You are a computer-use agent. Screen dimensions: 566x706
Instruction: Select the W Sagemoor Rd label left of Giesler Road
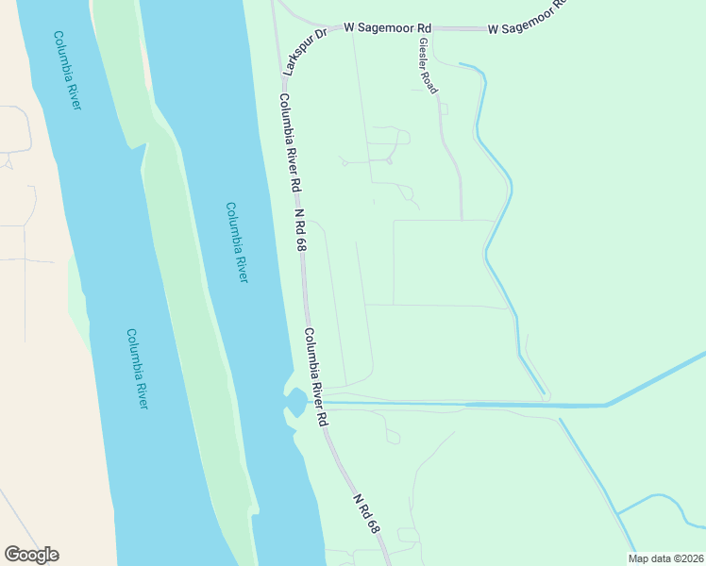[x=379, y=28]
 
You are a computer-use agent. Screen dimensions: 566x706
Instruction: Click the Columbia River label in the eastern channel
[x=237, y=242]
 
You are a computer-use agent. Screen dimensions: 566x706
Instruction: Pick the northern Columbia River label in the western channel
[x=67, y=71]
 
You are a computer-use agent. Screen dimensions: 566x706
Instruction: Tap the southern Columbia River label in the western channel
[x=138, y=368]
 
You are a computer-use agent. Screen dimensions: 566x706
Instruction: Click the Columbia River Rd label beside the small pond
[x=315, y=376]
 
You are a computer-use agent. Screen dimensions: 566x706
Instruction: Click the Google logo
[x=31, y=555]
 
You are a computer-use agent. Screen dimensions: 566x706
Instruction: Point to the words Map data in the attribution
[x=651, y=558]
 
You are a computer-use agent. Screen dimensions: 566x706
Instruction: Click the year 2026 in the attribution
[x=690, y=558]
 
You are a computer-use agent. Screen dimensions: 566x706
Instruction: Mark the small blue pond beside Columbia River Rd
[x=296, y=403]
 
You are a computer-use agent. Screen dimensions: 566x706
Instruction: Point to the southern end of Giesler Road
[x=462, y=219]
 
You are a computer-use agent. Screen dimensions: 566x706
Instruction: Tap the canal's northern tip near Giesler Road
[x=461, y=64]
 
